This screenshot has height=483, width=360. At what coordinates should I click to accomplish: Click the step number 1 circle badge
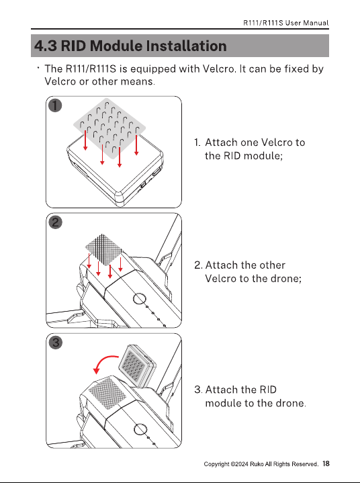pyautogui.click(x=55, y=105)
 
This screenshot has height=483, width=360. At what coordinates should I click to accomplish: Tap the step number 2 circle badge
pyautogui.click(x=56, y=222)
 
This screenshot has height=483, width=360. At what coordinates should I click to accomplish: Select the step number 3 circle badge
pyautogui.click(x=56, y=342)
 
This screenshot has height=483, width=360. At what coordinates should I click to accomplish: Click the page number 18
pyautogui.click(x=326, y=464)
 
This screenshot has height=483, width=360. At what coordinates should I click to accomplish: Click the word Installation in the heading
pyautogui.click(x=186, y=46)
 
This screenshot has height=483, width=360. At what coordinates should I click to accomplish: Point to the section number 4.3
pyautogui.click(x=46, y=46)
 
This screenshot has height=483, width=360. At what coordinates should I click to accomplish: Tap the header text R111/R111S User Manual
pyautogui.click(x=285, y=23)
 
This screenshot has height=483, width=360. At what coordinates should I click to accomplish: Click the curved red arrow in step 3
pyautogui.click(x=103, y=361)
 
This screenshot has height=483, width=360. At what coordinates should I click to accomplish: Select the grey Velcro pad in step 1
pyautogui.click(x=109, y=128)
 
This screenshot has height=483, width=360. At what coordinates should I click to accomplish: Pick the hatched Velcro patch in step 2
pyautogui.click(x=103, y=249)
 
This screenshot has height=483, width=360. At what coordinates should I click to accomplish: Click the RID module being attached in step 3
pyautogui.click(x=137, y=366)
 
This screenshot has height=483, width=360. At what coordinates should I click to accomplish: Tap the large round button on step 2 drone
pyautogui.click(x=140, y=298)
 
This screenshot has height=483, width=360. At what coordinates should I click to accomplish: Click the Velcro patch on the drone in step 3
pyautogui.click(x=107, y=394)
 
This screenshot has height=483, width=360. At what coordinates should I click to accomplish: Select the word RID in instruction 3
pyautogui.click(x=268, y=390)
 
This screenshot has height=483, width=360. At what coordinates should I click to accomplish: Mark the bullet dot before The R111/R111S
pyautogui.click(x=38, y=67)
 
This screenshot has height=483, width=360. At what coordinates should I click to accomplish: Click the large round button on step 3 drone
pyautogui.click(x=140, y=429)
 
